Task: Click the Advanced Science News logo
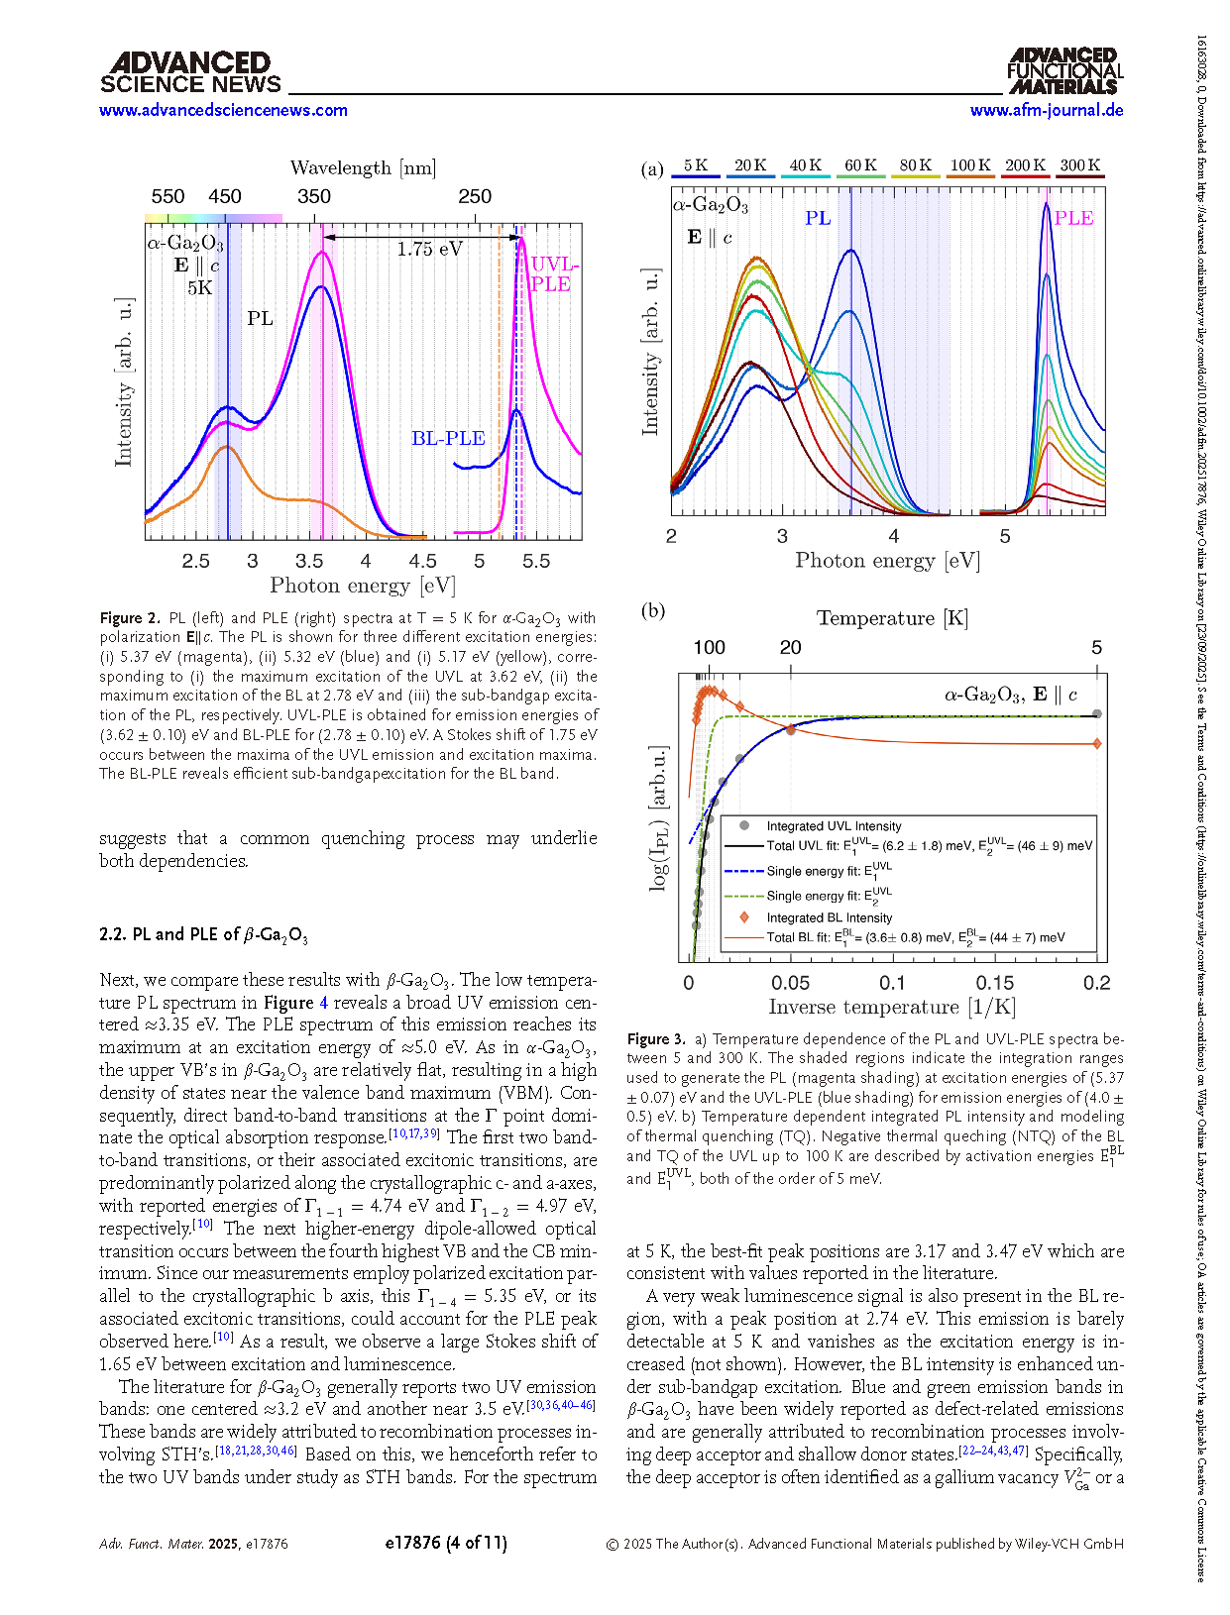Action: tap(190, 73)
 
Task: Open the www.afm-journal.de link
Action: tap(1047, 111)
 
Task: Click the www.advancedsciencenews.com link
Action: tap(223, 111)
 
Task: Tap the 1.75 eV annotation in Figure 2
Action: tap(429, 250)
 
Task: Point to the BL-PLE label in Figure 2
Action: tap(448, 438)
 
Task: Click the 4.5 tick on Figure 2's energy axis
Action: tap(423, 561)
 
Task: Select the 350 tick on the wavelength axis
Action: tap(314, 196)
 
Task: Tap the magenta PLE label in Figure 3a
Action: tap(1073, 218)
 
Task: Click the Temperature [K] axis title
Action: tap(892, 618)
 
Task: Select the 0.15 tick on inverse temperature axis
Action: tap(994, 983)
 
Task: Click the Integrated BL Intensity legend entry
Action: tap(829, 918)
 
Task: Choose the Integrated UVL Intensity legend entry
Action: tap(834, 826)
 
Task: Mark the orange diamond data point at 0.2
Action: tap(1096, 743)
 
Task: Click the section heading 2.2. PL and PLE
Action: tap(203, 934)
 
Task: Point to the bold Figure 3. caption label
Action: tap(655, 1039)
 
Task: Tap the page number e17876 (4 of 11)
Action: tap(445, 1543)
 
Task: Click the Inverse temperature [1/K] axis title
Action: tap(891, 1008)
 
